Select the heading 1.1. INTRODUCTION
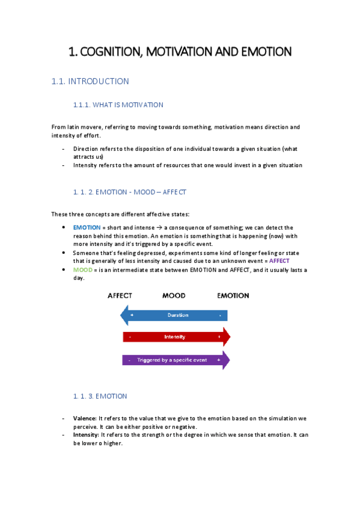coord(90,81)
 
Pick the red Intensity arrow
coord(174,337)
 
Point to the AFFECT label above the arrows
coord(120,296)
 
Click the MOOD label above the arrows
coord(174,296)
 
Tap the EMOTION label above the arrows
coord(233,296)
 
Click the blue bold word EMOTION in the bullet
coord(87,228)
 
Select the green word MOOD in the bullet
coord(82,270)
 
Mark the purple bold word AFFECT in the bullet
coord(279,261)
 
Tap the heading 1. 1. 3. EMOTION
coord(100,396)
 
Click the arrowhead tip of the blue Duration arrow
coord(123,315)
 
